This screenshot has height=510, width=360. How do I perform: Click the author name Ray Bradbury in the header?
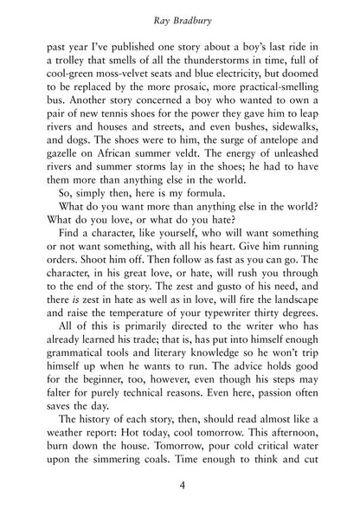pyautogui.click(x=180, y=15)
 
